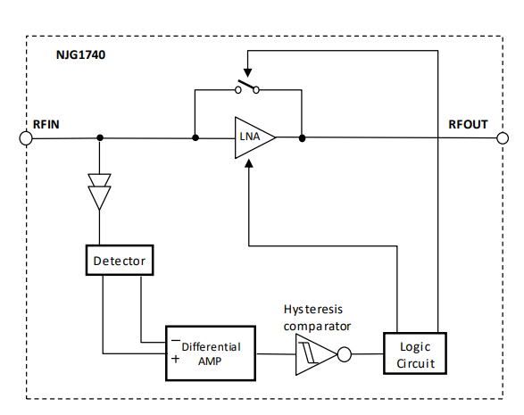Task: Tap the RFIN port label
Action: coord(47,124)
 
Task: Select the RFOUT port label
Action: coord(467,124)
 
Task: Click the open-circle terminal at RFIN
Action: coord(26,138)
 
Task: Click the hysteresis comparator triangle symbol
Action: coord(313,355)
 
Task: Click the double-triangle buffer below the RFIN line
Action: coord(99,188)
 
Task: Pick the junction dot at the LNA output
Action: coord(303,138)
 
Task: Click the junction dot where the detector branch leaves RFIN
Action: coord(99,138)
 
